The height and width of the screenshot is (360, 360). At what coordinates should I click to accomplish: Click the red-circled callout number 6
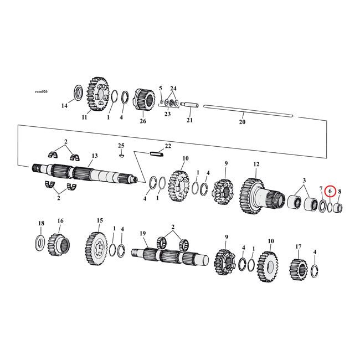click(330, 192)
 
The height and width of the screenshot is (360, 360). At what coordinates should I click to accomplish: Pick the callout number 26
click(143, 121)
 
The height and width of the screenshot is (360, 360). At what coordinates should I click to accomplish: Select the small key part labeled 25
click(121, 155)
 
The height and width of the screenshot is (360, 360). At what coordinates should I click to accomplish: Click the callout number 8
click(340, 192)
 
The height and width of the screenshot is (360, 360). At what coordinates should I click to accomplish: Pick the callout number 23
click(167, 114)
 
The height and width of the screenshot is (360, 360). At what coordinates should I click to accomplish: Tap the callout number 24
click(173, 89)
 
